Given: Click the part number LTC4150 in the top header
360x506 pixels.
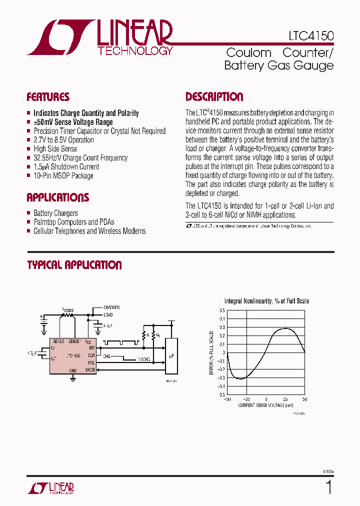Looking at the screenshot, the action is pos(310,36).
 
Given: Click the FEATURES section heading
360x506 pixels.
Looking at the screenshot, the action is pos(48,97).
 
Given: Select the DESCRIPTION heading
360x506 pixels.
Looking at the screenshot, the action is pos(214,97).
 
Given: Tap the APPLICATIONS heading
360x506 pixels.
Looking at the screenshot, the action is pos(57,197).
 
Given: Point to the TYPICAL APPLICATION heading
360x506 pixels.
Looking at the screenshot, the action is pos(74,265).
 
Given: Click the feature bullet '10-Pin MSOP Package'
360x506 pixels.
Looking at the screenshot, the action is pos(63,175).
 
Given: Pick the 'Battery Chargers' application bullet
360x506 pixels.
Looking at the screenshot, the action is pos(55,213).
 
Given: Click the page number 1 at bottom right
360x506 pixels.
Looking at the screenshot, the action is pos(328,487).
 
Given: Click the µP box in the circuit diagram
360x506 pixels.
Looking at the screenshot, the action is pos(171,356).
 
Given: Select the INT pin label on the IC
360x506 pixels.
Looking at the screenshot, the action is pos(91,347).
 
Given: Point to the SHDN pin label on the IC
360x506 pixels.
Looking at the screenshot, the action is pos(90,369).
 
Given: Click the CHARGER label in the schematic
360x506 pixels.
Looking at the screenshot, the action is pos(111,307).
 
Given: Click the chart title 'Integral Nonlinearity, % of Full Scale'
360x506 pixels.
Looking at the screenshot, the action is pos(266,301).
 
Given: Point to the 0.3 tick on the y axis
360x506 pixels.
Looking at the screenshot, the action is pos(221,327).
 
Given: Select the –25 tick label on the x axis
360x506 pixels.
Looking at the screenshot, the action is pos(246,399).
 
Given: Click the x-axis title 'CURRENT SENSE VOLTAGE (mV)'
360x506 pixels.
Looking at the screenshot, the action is pos(266,405).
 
